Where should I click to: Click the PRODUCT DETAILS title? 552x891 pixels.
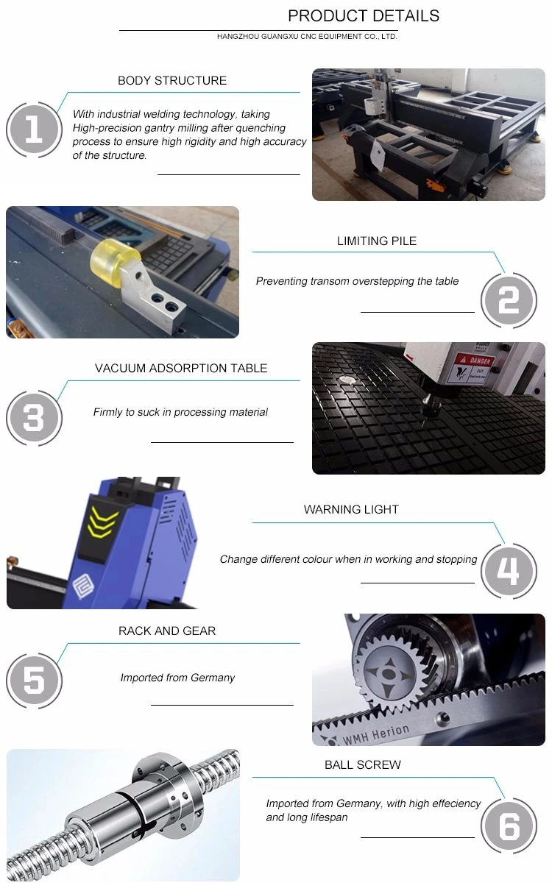[364, 16]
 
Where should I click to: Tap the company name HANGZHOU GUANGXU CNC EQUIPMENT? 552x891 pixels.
[289, 37]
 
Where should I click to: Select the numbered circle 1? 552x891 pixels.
[35, 129]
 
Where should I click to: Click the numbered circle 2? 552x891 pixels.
[509, 300]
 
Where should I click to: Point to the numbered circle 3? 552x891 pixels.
[35, 418]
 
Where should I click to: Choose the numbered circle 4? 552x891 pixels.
[509, 571]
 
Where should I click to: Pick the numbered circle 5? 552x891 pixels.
[35, 681]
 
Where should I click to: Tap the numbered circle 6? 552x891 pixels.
[509, 826]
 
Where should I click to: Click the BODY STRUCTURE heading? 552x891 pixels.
[172, 80]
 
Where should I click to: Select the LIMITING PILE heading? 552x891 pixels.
[377, 241]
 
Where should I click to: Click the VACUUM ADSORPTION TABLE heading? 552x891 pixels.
[181, 368]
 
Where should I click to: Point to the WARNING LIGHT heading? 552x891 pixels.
[351, 509]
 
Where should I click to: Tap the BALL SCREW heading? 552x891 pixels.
[363, 764]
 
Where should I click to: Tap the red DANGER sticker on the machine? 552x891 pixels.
[475, 361]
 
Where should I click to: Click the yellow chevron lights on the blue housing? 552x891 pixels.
[102, 521]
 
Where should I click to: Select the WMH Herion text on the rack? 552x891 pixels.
[375, 734]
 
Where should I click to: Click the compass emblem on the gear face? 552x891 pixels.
[388, 674]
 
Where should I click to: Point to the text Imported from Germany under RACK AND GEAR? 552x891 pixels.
[177, 678]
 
